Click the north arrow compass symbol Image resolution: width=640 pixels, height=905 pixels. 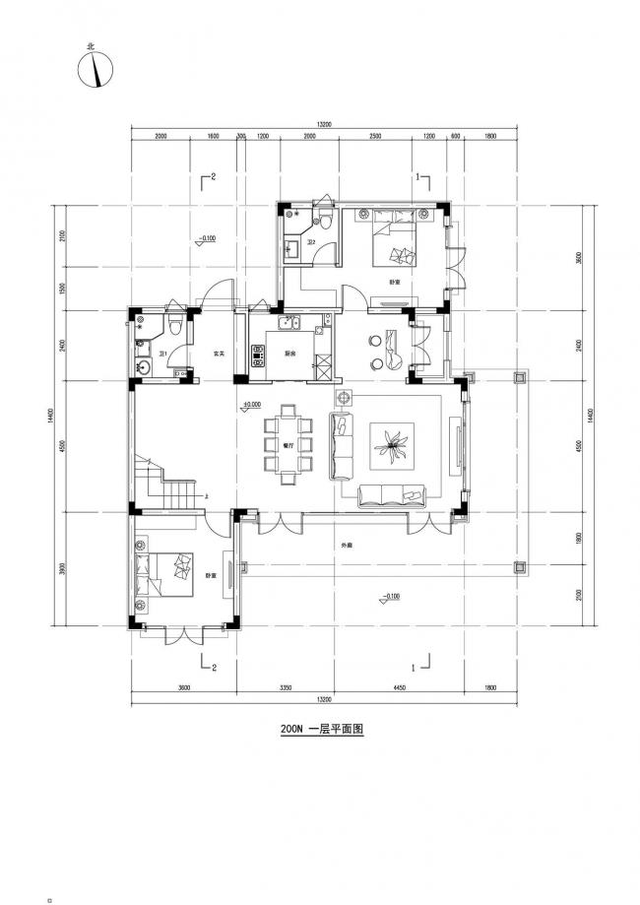(96, 68)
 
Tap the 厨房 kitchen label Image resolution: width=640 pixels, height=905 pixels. (291, 353)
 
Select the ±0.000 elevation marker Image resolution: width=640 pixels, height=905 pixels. (252, 405)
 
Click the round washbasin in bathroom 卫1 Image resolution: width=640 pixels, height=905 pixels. (145, 367)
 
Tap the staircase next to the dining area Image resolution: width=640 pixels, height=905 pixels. (166, 483)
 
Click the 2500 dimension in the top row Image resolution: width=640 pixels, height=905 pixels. (375, 138)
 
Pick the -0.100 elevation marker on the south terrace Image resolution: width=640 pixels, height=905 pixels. (391, 596)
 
